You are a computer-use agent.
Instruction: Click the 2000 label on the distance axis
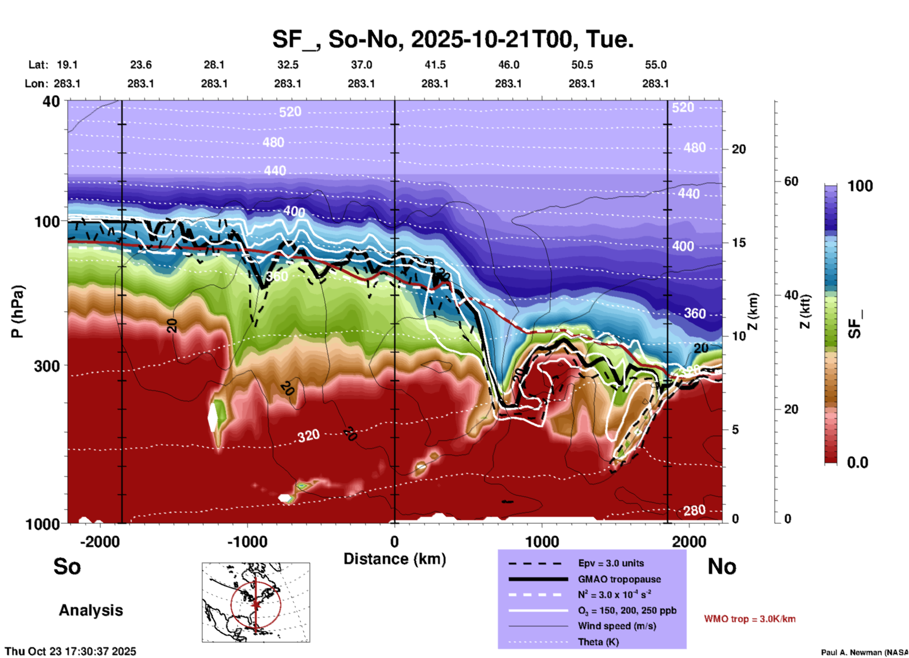(x=689, y=541)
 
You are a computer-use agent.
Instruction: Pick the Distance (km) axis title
(x=395, y=559)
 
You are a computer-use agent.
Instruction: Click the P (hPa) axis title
(x=17, y=312)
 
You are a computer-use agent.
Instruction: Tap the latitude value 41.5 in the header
(x=435, y=65)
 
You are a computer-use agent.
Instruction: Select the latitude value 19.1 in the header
(x=67, y=65)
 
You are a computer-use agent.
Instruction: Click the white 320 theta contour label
(x=308, y=436)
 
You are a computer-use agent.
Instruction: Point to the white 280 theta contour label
(x=694, y=510)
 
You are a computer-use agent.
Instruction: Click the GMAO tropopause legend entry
(x=619, y=579)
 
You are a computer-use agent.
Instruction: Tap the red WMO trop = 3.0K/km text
(x=749, y=619)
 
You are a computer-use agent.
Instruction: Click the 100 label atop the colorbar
(x=860, y=186)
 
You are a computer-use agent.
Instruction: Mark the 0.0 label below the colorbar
(x=857, y=463)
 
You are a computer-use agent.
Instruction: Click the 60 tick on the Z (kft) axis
(x=791, y=181)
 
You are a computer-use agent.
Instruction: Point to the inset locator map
(x=256, y=602)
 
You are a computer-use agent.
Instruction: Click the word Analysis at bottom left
(x=91, y=610)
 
